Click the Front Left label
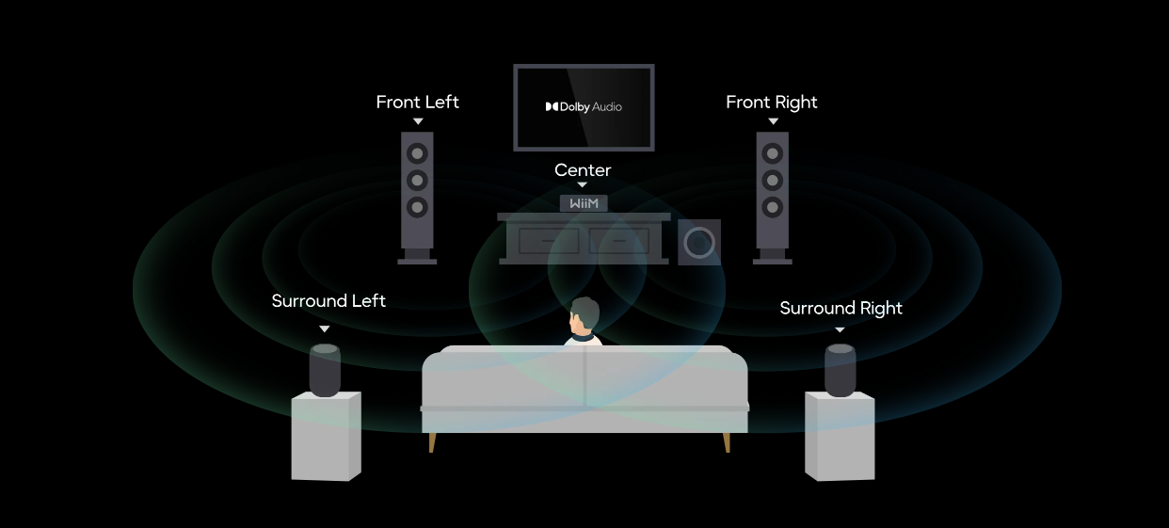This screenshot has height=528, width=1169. point(417,102)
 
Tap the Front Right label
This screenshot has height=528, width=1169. point(772,102)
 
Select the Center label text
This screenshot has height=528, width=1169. point(583,170)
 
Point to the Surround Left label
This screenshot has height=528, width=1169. point(328,301)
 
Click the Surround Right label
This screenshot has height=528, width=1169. point(841,309)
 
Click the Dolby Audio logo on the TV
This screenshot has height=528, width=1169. point(584,107)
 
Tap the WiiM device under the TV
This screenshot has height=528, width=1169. point(584,203)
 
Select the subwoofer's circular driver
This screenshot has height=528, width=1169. point(699,243)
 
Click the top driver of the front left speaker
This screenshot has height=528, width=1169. point(418,152)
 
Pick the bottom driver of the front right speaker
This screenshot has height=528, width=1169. point(773,206)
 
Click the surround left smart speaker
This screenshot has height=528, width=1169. point(325,370)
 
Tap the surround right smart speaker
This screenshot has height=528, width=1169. point(841,370)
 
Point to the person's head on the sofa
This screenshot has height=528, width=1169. point(584,317)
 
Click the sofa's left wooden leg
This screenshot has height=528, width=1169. point(432,442)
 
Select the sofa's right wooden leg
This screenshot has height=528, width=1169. point(727,442)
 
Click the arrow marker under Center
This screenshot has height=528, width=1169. point(583,185)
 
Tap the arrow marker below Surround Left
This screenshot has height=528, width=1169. point(325,328)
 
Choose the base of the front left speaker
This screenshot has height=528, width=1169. point(417,258)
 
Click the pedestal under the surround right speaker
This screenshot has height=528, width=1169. point(840,437)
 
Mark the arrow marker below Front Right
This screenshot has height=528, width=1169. point(773,121)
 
